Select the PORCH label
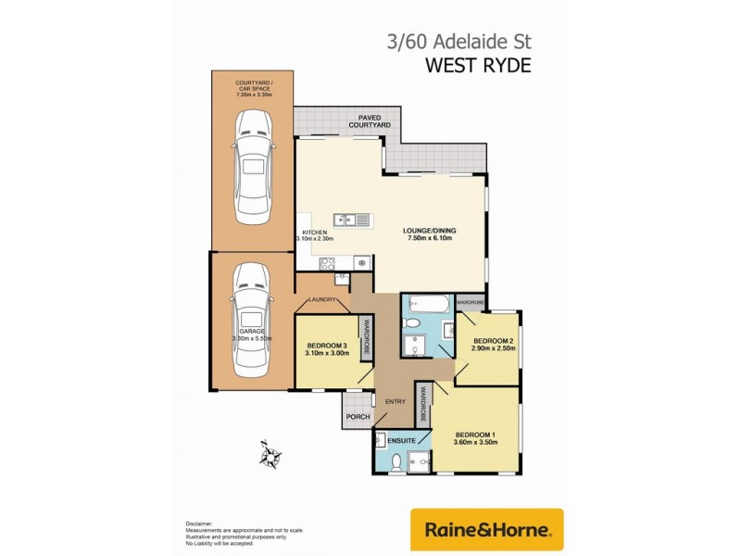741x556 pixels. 358,418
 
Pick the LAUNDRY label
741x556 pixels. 322,299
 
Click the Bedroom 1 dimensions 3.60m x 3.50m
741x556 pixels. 476,442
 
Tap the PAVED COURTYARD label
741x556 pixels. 369,120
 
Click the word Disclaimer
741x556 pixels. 199,524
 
